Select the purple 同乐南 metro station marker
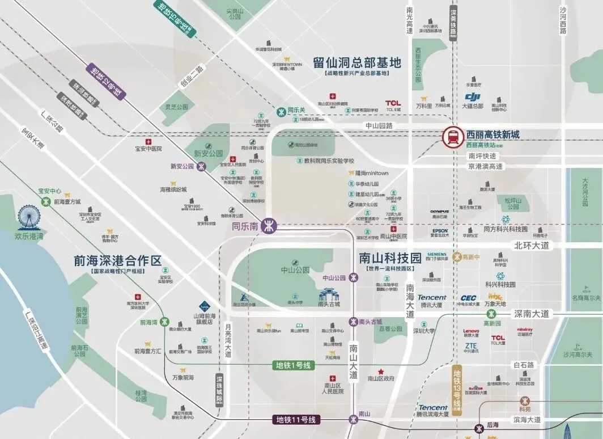tap(270, 225)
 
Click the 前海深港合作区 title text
tap(118, 261)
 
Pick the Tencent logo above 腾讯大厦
tap(432, 297)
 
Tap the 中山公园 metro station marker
tap(354, 278)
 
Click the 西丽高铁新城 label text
tap(492, 135)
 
